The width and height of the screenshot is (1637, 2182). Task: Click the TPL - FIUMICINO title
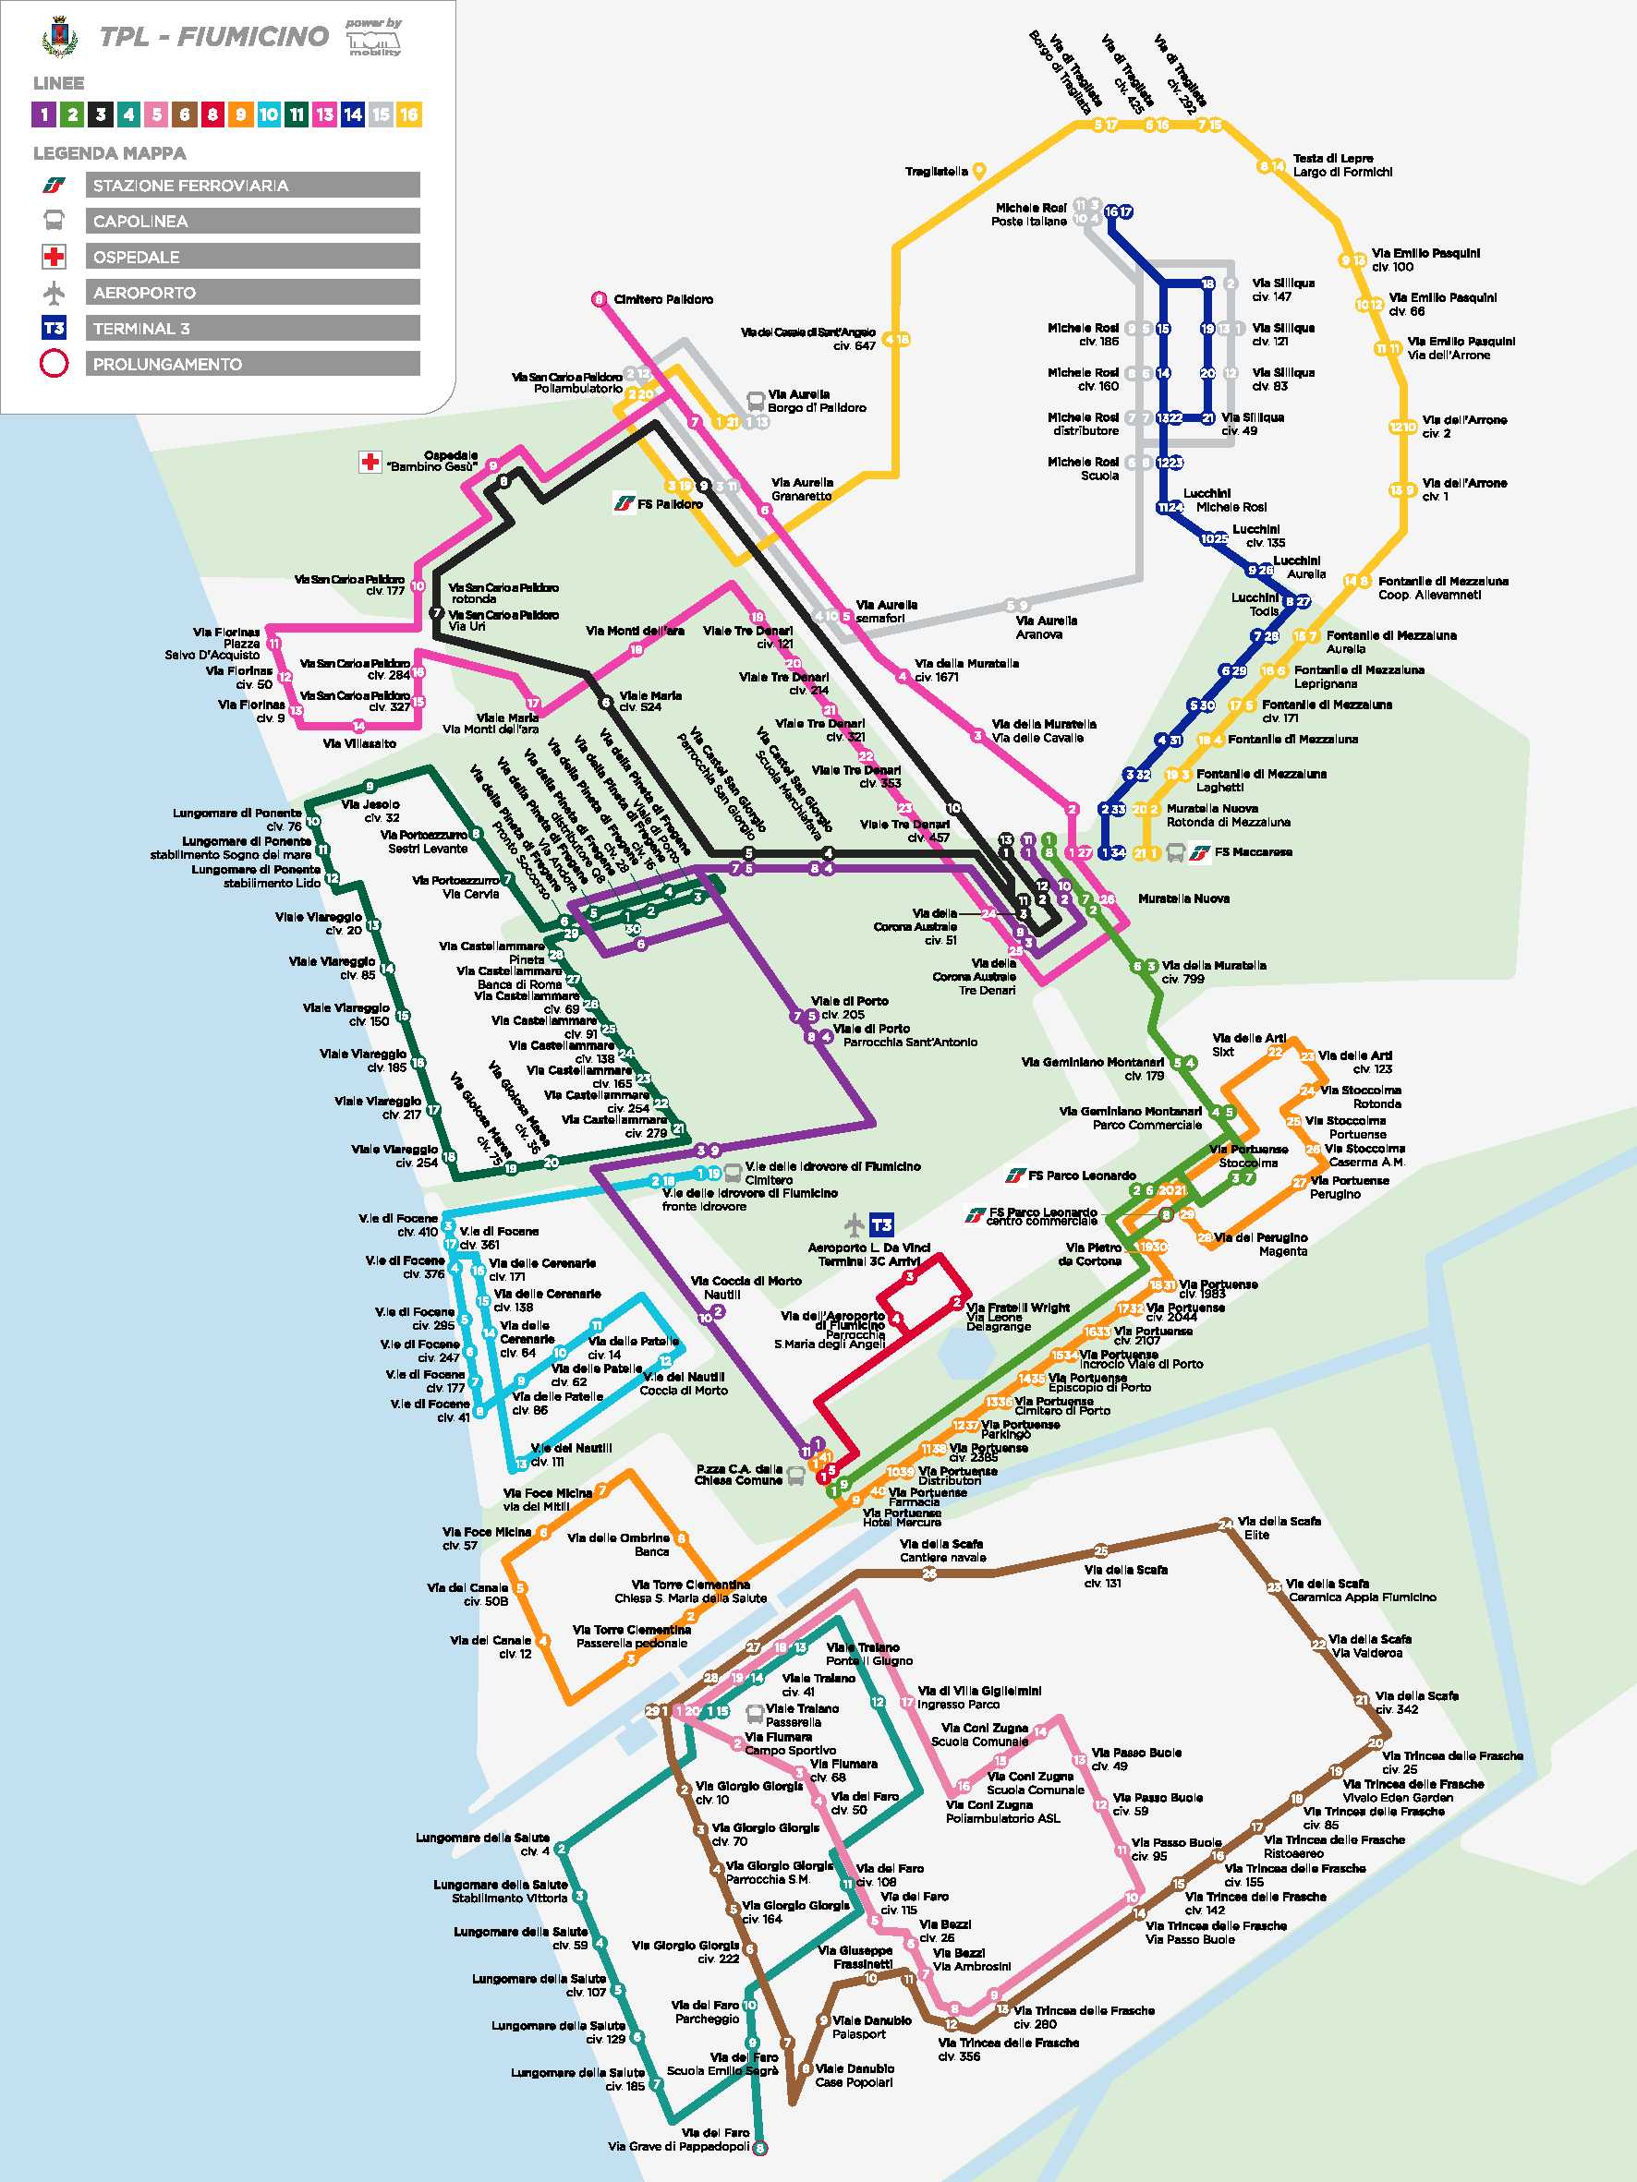pyautogui.click(x=213, y=38)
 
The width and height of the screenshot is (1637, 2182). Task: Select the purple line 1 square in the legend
pyautogui.click(x=43, y=115)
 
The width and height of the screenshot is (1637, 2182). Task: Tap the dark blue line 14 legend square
pyautogui.click(x=352, y=115)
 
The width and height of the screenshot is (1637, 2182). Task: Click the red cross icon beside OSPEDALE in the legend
pyautogui.click(x=54, y=258)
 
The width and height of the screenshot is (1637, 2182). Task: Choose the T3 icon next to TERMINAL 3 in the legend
pyautogui.click(x=54, y=329)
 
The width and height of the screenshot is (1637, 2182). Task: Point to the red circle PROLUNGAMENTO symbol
pyautogui.click(x=54, y=364)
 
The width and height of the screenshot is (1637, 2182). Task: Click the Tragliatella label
pyautogui.click(x=937, y=172)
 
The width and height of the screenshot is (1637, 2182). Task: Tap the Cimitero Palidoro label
pyautogui.click(x=663, y=299)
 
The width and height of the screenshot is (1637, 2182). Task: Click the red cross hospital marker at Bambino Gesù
pyautogui.click(x=370, y=461)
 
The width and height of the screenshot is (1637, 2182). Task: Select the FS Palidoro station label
pyautogui.click(x=669, y=504)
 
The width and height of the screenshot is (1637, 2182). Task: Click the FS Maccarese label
pyautogui.click(x=1254, y=851)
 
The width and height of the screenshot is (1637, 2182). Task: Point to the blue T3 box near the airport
pyautogui.click(x=881, y=1225)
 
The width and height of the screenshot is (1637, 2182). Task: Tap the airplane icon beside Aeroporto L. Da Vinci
pyautogui.click(x=855, y=1225)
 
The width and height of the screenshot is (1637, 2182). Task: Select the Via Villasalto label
pyautogui.click(x=359, y=743)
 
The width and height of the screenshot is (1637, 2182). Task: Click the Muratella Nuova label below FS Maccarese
pyautogui.click(x=1183, y=898)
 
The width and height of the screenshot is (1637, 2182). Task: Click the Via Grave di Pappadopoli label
pyautogui.click(x=678, y=2147)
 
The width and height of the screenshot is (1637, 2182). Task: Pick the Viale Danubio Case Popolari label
pyautogui.click(x=855, y=2076)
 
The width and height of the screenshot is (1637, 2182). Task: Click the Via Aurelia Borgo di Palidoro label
pyautogui.click(x=816, y=401)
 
